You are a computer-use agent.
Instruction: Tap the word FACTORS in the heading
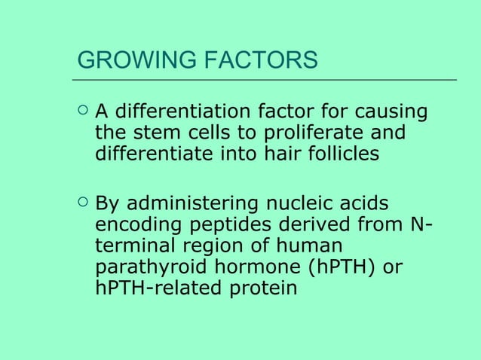click(256, 59)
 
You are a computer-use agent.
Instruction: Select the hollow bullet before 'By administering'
click(82, 202)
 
